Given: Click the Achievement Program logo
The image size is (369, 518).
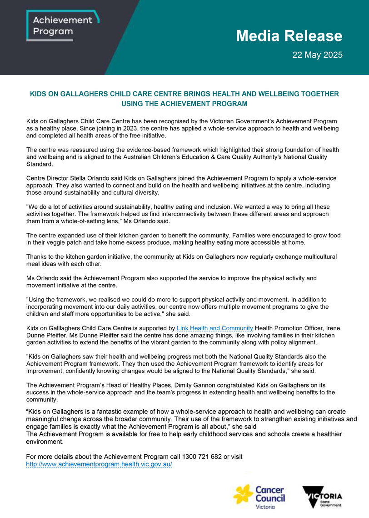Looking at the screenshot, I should point(62,25).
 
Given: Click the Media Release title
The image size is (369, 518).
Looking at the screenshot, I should point(289,36).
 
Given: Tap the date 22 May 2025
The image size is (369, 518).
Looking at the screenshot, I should point(317,55).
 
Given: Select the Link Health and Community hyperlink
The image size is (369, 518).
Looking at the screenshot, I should point(214,328).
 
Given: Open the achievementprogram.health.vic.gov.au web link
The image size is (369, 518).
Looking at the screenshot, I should point(99,464).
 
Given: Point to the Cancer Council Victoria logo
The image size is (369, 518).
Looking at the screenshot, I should point(259,497).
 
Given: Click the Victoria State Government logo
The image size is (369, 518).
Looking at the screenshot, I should point(322,497).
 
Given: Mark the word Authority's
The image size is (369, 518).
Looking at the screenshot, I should point(252,157).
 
